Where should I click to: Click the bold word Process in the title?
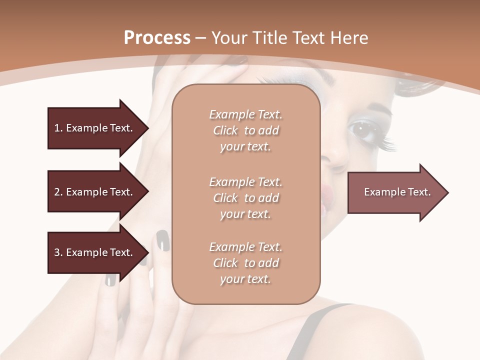[x=157, y=37]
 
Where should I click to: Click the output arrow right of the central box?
[x=397, y=192]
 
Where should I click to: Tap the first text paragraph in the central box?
[x=245, y=130]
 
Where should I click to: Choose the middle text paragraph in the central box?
[x=245, y=198]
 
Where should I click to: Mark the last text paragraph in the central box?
[x=245, y=263]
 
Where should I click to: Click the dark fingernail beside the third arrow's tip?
[x=162, y=240]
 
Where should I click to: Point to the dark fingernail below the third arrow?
[x=110, y=279]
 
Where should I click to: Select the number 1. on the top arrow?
[x=58, y=128]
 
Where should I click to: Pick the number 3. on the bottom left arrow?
[x=58, y=252]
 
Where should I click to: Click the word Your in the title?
[x=228, y=37]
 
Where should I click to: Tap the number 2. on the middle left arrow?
[x=58, y=192]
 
